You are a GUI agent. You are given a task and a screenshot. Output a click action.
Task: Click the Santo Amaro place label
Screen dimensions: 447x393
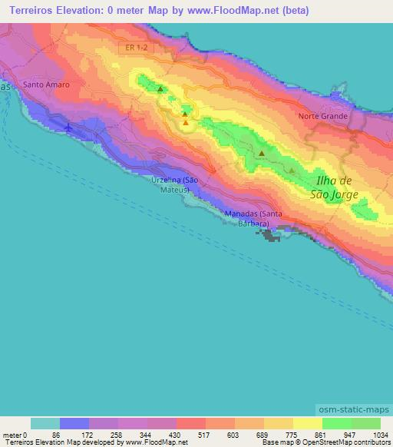47,84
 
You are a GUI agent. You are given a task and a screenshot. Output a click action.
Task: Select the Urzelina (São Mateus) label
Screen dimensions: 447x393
176,184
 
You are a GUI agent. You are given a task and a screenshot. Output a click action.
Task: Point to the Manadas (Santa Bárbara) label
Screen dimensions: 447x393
252,218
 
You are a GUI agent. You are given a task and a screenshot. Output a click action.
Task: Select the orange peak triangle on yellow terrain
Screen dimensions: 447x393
186,122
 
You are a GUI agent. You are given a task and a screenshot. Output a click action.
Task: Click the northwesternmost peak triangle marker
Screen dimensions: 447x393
160,90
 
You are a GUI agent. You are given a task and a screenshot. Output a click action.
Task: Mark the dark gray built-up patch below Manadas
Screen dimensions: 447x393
271,235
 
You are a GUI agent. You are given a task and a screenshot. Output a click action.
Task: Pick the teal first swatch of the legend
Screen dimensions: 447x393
45,423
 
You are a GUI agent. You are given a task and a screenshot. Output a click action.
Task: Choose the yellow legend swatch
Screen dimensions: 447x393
308,423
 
